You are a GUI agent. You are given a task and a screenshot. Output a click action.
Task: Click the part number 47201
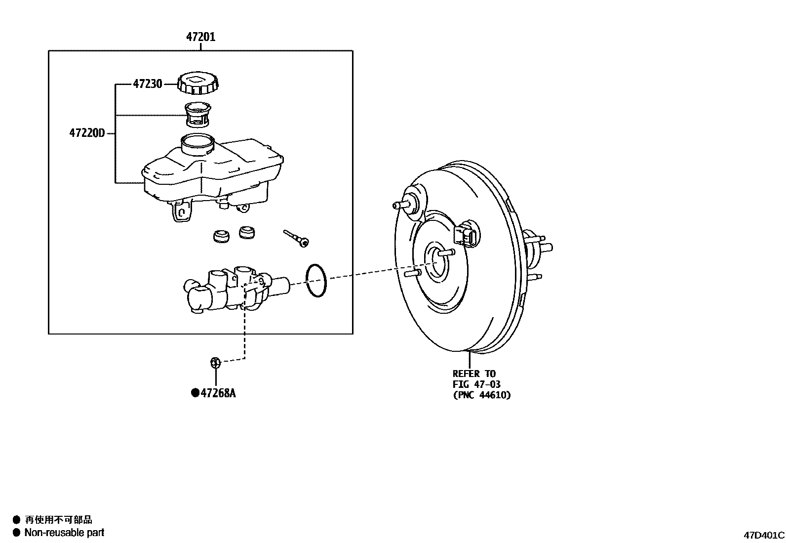pyautogui.click(x=200, y=37)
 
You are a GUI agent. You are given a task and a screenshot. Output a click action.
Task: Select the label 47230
pyautogui.click(x=147, y=84)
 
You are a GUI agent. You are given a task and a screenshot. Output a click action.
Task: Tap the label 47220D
pyautogui.click(x=87, y=133)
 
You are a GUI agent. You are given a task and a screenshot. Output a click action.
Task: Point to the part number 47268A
pyautogui.click(x=218, y=393)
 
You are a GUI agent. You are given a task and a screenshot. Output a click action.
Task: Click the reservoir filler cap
pyautogui.click(x=199, y=83)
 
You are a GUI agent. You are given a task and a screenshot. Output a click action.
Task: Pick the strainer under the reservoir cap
pyautogui.click(x=197, y=115)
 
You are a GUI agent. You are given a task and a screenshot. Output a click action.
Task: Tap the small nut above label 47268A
pyautogui.click(x=215, y=363)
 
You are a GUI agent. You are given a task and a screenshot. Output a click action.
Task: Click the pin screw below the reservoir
pyautogui.click(x=296, y=238)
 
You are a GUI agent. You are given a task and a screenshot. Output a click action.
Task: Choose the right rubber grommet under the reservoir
pyautogui.click(x=246, y=232)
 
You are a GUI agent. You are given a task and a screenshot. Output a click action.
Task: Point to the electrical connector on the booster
pyautogui.click(x=466, y=235)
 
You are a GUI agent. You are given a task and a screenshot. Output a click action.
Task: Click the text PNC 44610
pyautogui.click(x=482, y=395)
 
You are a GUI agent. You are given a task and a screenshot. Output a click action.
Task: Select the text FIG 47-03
pyautogui.click(x=476, y=384)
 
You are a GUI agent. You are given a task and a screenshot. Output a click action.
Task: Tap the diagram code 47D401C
pyautogui.click(x=764, y=535)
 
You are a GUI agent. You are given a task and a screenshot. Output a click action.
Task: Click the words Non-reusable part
pyautogui.click(x=64, y=532)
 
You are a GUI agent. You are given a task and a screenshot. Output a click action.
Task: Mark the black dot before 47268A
pyautogui.click(x=195, y=393)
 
